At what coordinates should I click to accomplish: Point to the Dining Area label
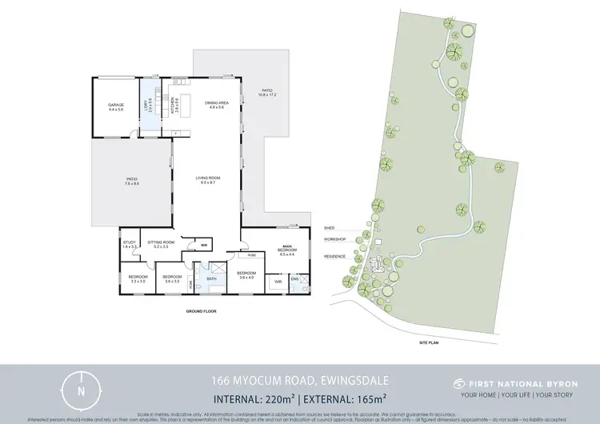click(218, 105)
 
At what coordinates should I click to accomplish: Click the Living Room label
click(210, 180)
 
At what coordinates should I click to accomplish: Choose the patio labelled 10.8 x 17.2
click(266, 93)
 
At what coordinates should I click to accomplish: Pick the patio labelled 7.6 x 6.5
click(131, 181)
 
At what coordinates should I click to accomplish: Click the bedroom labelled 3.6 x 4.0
click(245, 276)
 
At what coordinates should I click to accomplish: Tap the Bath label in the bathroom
click(212, 279)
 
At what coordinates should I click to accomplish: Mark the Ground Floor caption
click(201, 310)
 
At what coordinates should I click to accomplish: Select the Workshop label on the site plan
click(334, 239)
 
